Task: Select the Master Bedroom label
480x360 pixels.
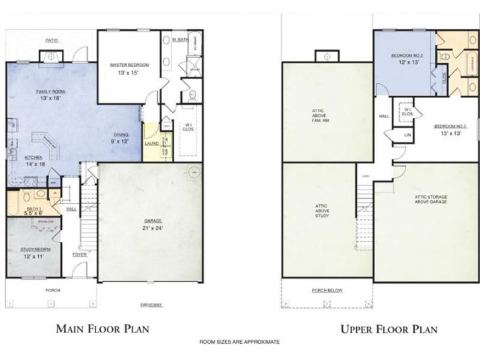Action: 129,64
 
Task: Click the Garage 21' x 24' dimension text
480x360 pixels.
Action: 153,228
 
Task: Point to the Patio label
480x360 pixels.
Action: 52,40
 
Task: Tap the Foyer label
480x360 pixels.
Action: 79,255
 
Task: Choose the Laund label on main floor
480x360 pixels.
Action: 151,142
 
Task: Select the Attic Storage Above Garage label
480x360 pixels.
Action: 426,199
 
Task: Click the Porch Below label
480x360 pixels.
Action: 327,291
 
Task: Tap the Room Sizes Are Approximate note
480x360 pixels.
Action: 240,343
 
